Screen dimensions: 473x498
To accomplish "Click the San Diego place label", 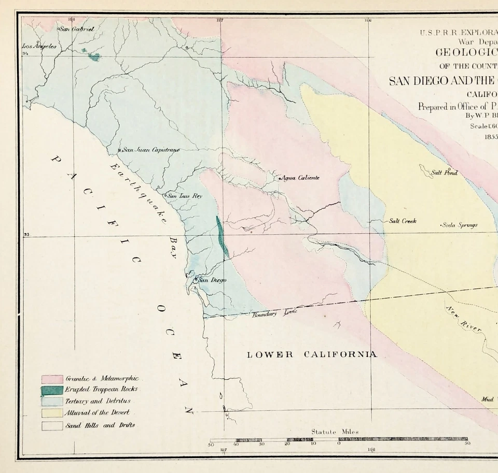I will point(213,280).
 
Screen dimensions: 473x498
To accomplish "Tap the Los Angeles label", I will point(38,46).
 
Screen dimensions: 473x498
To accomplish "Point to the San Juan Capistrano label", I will point(150,150).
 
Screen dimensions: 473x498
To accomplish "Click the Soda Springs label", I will point(460,225).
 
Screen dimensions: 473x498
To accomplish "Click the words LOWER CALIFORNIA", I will point(312,354).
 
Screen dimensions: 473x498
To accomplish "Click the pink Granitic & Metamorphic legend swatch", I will point(52,379).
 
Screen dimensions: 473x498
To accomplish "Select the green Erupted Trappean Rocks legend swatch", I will point(52,390).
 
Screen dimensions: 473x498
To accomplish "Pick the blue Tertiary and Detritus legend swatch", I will point(52,402).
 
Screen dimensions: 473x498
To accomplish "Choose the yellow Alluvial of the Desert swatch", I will point(52,413).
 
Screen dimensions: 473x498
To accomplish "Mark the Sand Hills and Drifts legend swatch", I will point(52,425).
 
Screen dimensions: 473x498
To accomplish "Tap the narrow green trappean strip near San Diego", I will point(222,236).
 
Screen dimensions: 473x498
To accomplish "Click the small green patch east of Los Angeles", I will point(93,56).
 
